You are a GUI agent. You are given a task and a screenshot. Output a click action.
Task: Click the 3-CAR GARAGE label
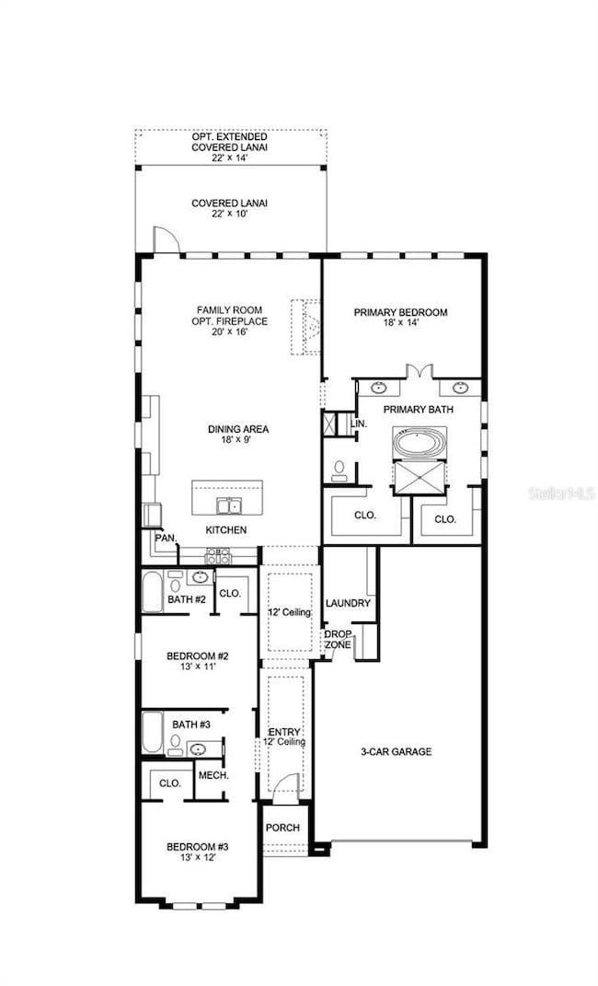pyautogui.click(x=396, y=751)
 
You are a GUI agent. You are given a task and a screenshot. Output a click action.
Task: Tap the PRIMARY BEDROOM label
pyautogui.click(x=401, y=312)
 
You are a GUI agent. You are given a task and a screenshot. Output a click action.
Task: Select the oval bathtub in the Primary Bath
pyautogui.click(x=420, y=442)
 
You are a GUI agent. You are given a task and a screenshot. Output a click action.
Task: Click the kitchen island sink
pyautogui.click(x=228, y=505)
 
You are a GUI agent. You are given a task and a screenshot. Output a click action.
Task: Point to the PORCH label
pyautogui.click(x=282, y=827)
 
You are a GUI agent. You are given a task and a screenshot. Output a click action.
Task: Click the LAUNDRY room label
pyautogui.click(x=348, y=603)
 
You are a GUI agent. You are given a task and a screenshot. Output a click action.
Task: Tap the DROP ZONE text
pyautogui.click(x=337, y=639)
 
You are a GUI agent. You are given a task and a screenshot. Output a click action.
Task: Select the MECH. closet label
pyautogui.click(x=213, y=775)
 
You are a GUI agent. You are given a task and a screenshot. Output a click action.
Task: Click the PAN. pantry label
pyautogui.click(x=165, y=537)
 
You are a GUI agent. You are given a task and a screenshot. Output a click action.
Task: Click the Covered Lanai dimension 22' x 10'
pyautogui.click(x=230, y=215)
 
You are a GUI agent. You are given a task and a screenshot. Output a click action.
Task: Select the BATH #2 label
pyautogui.click(x=186, y=599)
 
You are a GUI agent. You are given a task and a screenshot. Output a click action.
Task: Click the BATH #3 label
pyautogui.click(x=191, y=725)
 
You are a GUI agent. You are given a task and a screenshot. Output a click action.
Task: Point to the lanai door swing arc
pyautogui.click(x=165, y=238)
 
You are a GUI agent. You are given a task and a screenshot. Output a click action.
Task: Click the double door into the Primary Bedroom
pyautogui.click(x=420, y=372)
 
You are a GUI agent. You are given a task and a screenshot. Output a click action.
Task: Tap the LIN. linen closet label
pyautogui.click(x=360, y=423)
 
